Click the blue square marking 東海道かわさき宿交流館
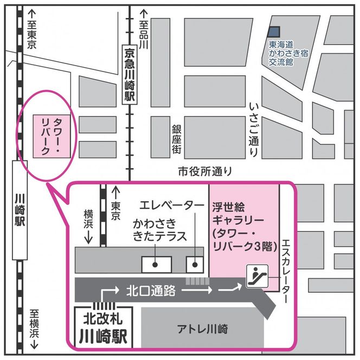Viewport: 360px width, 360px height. [x=275, y=33]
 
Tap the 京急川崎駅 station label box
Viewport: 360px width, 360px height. [x=129, y=75]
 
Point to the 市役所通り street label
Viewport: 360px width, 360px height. [x=205, y=172]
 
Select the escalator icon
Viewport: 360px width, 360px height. [x=255, y=275]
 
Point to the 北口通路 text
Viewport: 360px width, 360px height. [x=151, y=290]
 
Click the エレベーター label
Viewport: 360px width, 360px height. [x=169, y=205]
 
